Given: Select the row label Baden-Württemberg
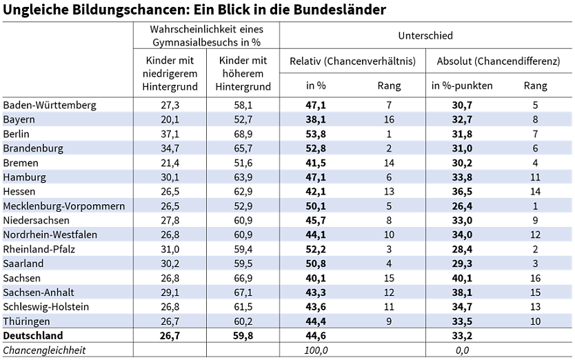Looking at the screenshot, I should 50,105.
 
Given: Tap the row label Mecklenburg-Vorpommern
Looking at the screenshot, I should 64,206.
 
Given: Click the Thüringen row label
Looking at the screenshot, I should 27,321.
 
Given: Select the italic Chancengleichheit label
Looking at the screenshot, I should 44,350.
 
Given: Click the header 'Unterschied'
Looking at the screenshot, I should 425,35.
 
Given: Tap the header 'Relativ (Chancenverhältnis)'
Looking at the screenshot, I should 352,61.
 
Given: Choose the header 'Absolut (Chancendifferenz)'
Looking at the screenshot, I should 498,61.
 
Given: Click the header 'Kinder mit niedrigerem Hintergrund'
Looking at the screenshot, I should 170,74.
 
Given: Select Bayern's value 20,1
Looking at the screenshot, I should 170,119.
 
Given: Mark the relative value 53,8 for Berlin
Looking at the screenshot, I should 316,134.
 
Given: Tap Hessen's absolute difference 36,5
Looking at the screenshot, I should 462,192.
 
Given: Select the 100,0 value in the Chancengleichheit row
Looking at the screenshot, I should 316,350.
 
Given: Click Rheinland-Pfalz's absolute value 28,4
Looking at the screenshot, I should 462,249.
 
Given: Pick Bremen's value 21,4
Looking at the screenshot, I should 170,163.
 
